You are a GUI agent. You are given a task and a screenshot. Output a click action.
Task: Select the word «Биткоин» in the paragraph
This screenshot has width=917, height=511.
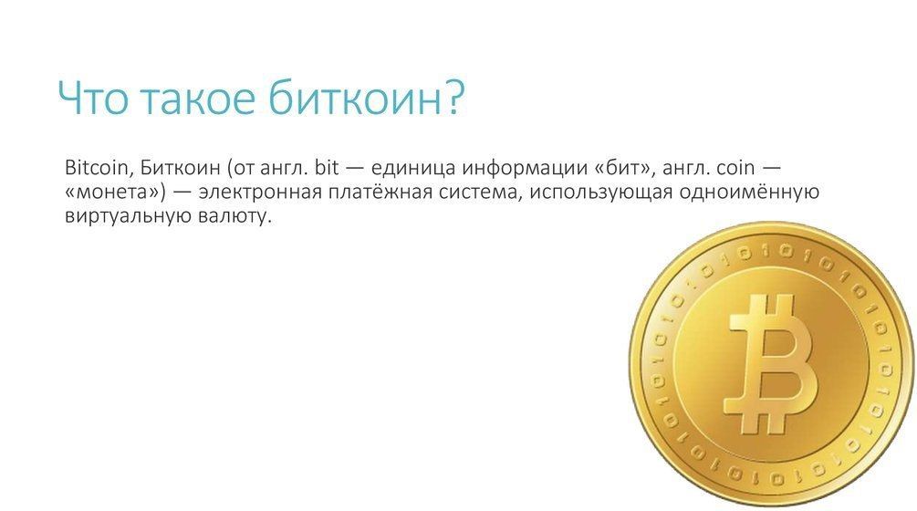pos(180,168)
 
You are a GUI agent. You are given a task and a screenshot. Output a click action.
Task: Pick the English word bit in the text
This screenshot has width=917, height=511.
pos(327,168)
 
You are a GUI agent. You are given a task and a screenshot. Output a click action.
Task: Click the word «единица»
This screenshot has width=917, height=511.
pos(413,169)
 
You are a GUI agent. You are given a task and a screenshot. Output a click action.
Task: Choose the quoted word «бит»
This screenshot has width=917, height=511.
pos(620,168)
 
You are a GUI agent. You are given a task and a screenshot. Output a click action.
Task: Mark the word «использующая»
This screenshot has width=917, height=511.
pos(601,193)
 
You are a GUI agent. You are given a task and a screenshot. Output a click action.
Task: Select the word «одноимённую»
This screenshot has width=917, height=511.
pos(748,192)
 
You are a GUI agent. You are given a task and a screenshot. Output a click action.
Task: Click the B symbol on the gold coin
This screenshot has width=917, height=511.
pos(771,364)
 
